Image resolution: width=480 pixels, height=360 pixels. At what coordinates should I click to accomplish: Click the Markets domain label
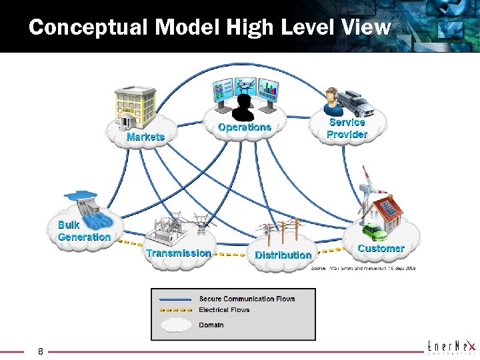click(145, 137)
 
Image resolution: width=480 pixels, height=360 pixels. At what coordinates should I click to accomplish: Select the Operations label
click(245, 127)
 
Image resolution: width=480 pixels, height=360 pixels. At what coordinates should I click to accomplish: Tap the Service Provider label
click(347, 128)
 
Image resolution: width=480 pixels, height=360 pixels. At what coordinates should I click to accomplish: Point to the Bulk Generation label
click(84, 231)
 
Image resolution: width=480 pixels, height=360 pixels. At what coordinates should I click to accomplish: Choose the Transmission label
click(179, 253)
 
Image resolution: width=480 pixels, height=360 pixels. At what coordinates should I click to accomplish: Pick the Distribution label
click(283, 255)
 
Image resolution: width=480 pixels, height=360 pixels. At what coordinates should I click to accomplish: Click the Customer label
click(381, 248)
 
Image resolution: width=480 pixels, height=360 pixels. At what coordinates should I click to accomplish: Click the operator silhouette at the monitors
click(245, 107)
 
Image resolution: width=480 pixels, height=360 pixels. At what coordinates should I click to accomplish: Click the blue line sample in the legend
click(175, 299)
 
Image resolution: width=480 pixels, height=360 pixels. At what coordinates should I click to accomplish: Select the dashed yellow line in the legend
click(175, 310)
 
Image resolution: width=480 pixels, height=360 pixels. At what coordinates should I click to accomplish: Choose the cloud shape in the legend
click(175, 325)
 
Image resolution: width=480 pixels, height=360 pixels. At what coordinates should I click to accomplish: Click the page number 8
click(41, 351)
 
